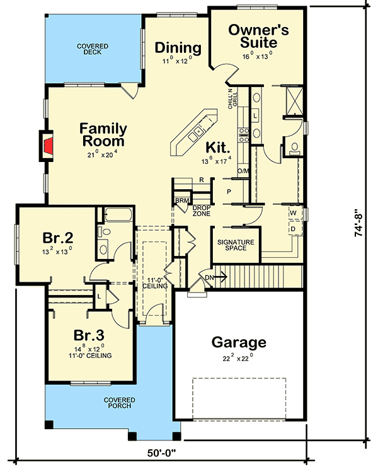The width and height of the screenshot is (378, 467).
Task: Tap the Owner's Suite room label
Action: (253, 36)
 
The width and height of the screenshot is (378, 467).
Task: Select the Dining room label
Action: (178, 48)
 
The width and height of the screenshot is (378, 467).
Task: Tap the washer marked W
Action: (293, 213)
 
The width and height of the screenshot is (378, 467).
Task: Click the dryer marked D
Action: (293, 228)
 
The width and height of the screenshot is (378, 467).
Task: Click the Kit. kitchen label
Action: (217, 146)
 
